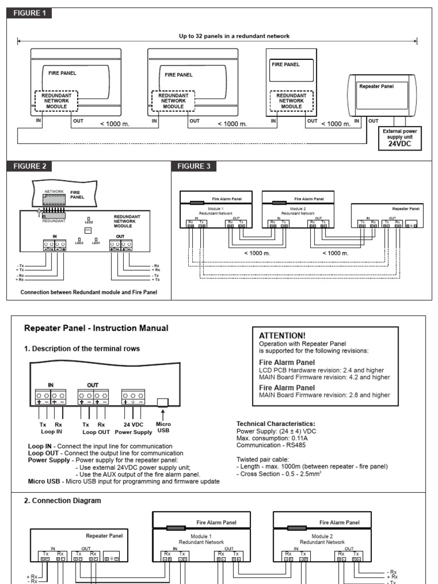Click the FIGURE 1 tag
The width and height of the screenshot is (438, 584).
click(x=29, y=13)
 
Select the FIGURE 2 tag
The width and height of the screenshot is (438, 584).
click(x=29, y=167)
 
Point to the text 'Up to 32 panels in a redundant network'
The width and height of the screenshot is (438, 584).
click(x=234, y=36)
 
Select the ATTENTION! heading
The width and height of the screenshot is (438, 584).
click(x=282, y=335)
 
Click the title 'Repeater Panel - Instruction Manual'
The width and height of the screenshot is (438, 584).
click(x=96, y=328)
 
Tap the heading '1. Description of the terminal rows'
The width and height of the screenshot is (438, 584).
click(x=82, y=348)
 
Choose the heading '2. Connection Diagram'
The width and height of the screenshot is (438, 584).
click(x=63, y=500)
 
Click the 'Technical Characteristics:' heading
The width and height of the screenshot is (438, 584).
click(x=275, y=424)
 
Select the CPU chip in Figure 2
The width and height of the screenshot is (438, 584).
click(x=88, y=230)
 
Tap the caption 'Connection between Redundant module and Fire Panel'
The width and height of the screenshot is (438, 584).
click(x=88, y=293)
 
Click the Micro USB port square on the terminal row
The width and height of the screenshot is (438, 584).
click(x=163, y=401)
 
